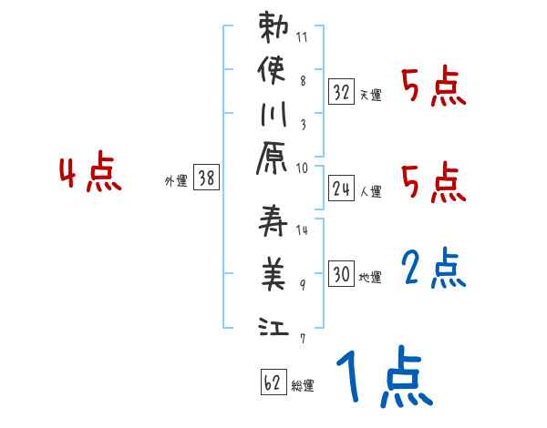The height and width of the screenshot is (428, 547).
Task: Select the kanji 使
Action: (x=274, y=72)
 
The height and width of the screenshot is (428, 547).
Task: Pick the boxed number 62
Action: (x=272, y=382)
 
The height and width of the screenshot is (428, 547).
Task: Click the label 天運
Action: (x=370, y=95)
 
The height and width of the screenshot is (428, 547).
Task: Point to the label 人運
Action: (x=370, y=191)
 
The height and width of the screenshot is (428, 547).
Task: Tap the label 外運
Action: (x=175, y=181)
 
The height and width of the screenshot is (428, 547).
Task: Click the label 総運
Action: (x=302, y=386)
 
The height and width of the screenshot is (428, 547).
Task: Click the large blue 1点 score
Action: (x=383, y=376)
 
